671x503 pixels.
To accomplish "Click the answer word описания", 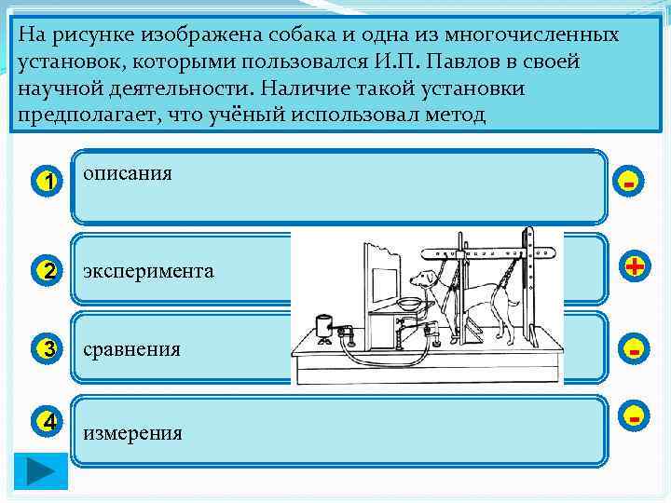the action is [128, 174].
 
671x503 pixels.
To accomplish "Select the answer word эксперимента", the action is [149, 271].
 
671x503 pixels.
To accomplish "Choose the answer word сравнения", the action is [132, 349].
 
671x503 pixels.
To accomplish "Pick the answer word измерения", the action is [133, 433].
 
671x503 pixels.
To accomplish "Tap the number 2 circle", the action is [48, 272].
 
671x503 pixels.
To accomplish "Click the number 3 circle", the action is [48, 350].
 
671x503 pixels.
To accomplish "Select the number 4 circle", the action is [48, 421].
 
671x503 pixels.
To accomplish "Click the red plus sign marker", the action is [635, 267].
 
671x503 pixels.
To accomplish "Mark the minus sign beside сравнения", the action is [634, 351].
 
